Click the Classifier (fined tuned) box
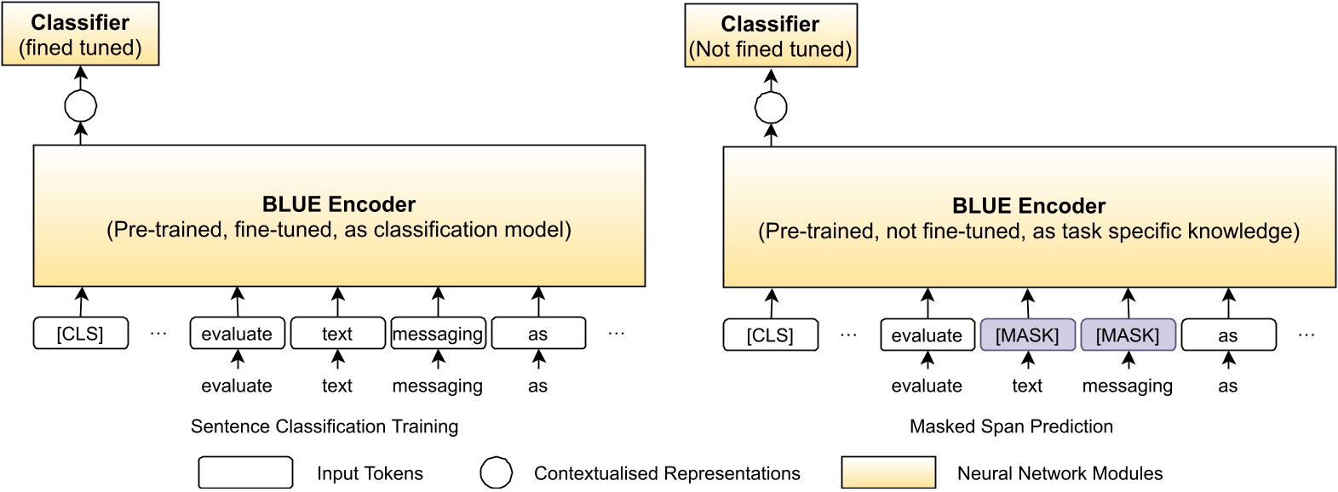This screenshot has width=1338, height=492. tap(80, 34)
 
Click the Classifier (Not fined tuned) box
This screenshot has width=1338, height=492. tap(770, 36)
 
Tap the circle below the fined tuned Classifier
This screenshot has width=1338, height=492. tap(81, 106)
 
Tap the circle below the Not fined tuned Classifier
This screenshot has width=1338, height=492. tap(771, 108)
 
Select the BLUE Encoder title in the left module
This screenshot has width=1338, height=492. tap(338, 204)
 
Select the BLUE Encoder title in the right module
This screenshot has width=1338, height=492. tap(1028, 206)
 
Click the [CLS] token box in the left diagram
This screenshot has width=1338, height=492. tap(81, 334)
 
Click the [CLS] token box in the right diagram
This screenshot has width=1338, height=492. tap(771, 335)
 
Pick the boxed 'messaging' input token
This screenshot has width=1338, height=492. tap(438, 334)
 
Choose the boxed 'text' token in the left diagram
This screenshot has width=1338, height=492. tap(337, 334)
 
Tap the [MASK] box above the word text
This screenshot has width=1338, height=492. tap(1027, 335)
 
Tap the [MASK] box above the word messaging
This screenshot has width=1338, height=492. tap(1128, 335)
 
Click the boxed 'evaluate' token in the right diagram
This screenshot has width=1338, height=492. tap(927, 335)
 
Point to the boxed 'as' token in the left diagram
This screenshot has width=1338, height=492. tap(538, 334)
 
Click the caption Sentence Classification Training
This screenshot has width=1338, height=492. tap(324, 426)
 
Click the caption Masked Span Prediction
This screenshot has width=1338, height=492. tap(1011, 426)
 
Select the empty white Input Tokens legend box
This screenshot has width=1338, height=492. tap(245, 472)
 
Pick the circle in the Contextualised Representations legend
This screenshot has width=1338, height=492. tap(497, 473)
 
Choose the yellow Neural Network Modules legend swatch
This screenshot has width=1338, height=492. tap(888, 472)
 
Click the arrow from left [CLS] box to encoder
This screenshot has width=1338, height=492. tap(81, 302)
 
